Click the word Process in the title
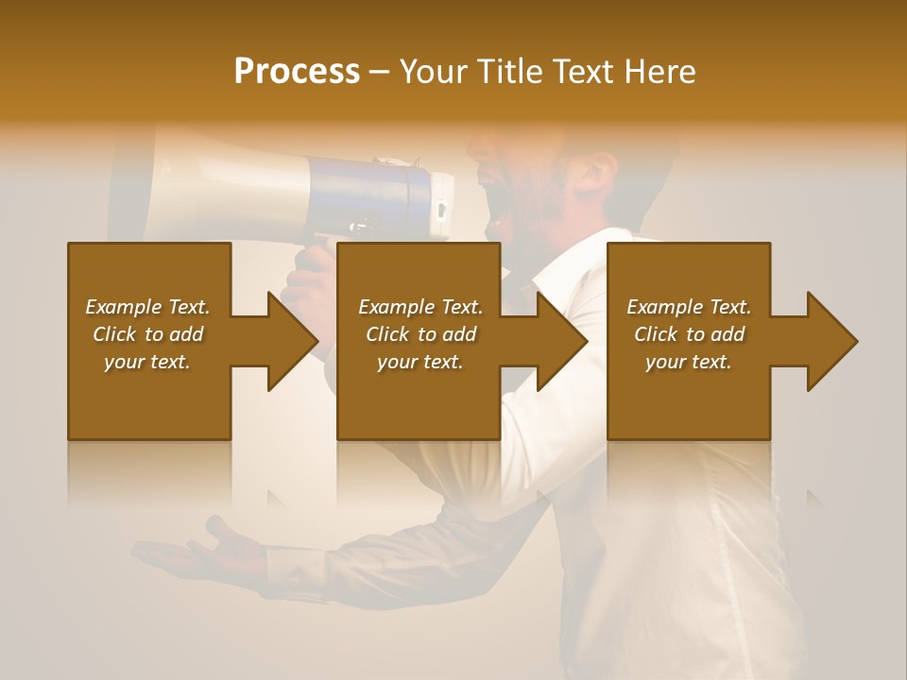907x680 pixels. tap(297, 72)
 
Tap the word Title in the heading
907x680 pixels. tap(508, 72)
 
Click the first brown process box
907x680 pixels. tap(149, 397)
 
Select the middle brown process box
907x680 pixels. tap(419, 397)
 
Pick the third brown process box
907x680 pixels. tap(688, 397)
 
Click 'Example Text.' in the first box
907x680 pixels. tap(147, 307)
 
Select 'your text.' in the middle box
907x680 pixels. tap(419, 362)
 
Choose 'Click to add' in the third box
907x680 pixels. tap(689, 334)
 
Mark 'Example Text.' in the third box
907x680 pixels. tap(689, 307)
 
